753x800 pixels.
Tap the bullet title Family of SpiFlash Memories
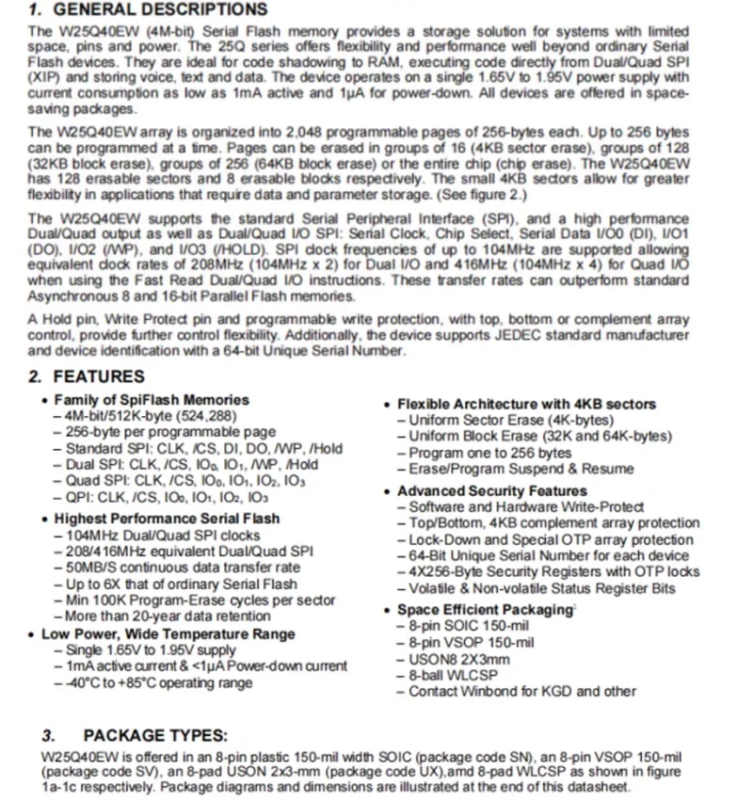click(x=152, y=400)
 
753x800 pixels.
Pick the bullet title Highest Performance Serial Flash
click(x=167, y=519)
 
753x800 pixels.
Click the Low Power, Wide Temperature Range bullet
click(x=168, y=634)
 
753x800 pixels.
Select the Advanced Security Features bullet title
click(x=491, y=491)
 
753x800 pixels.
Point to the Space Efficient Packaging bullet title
click(x=485, y=610)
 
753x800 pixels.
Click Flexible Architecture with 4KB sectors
click(x=526, y=404)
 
